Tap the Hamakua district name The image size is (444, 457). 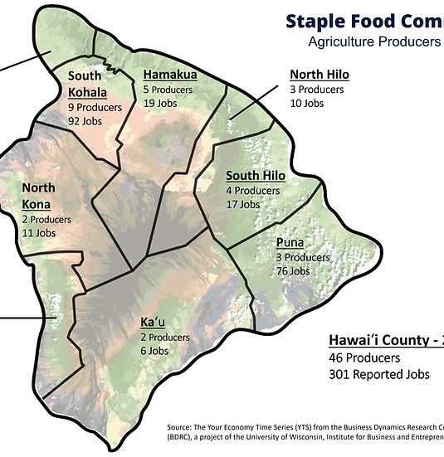click(169, 73)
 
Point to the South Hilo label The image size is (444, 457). click(256, 175)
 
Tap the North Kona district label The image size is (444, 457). click(39, 196)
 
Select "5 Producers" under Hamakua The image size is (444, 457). click(168, 89)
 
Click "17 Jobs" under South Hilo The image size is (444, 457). click(243, 203)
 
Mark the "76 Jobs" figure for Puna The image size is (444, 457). click(293, 271)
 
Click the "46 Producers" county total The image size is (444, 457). click(364, 358)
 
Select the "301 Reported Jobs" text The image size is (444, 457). click(379, 374)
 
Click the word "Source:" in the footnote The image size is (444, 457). click(180, 428)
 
